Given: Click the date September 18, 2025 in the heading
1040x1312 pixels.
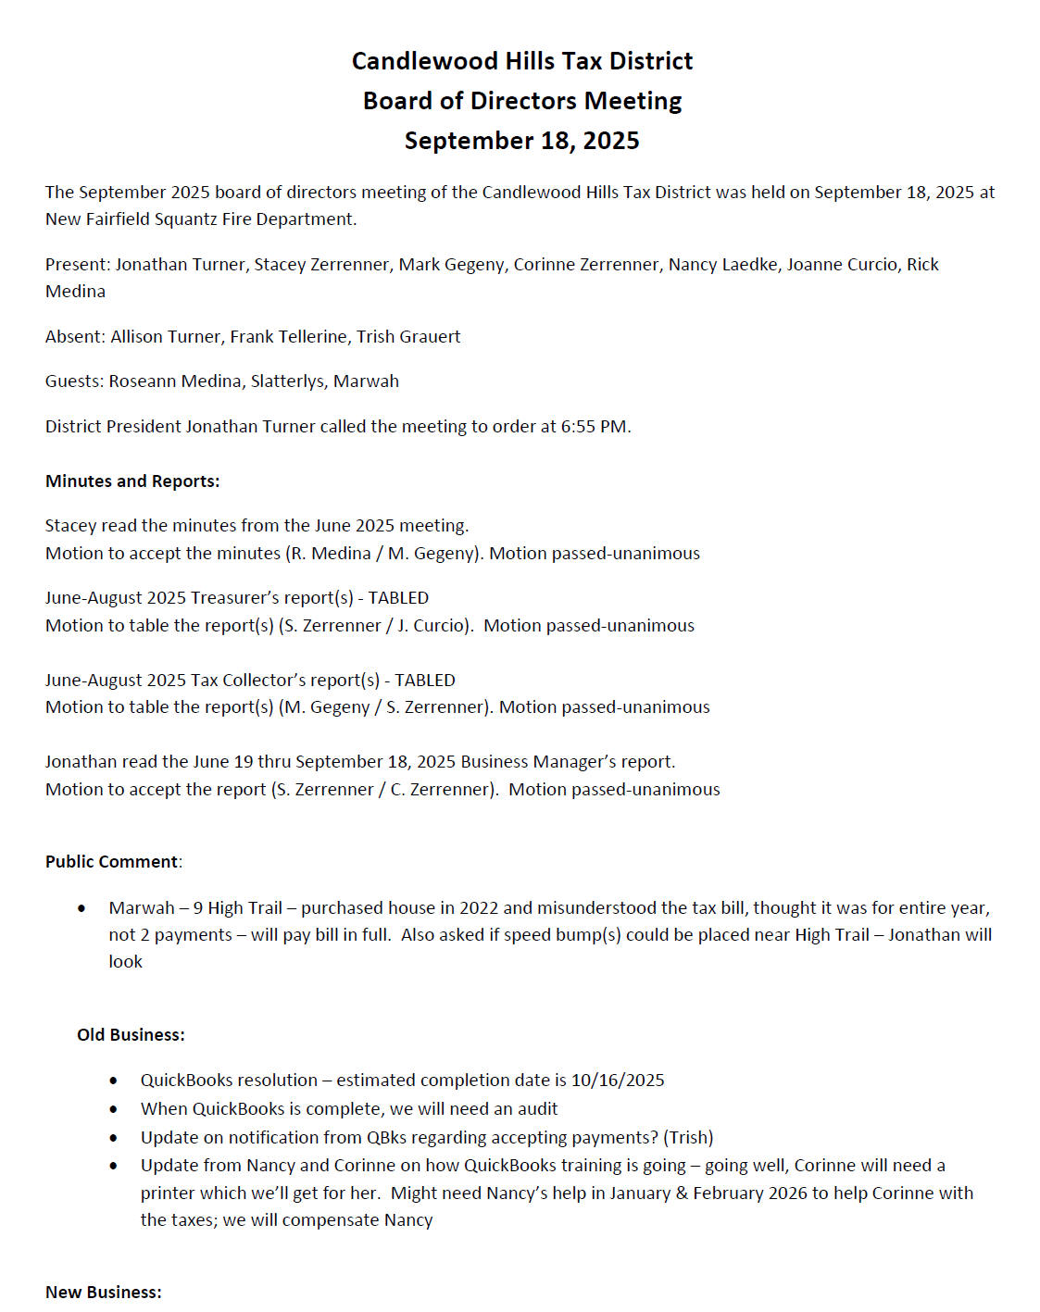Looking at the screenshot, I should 521,141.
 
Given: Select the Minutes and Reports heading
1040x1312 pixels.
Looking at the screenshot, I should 132,481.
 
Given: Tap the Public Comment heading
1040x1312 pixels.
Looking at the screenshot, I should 111,862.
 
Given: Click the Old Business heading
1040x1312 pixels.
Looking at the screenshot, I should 131,1035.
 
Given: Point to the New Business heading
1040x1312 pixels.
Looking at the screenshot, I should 104,1293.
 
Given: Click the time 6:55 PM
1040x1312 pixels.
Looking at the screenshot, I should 594,427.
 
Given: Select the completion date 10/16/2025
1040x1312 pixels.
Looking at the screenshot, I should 618,1081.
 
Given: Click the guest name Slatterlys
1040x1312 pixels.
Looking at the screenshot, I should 286,381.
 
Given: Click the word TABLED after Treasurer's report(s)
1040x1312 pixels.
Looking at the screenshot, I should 398,598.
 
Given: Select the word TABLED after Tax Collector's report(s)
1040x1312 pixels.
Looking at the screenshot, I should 425,681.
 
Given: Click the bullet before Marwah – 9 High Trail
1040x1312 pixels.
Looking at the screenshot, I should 82,909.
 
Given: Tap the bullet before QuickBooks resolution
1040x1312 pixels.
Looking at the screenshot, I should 114,1081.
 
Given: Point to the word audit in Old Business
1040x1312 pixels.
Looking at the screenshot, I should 537,1109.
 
